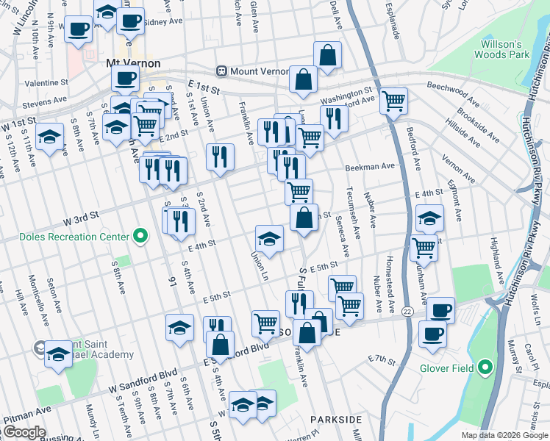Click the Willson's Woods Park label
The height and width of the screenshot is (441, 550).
click(506, 50)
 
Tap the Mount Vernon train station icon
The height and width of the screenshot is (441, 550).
click(220, 71)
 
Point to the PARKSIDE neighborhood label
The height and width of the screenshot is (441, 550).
click(336, 419)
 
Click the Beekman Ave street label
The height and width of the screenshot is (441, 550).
click(371, 167)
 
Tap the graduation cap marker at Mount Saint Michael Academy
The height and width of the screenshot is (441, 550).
click(59, 355)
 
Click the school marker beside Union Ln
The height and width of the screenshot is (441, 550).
click(270, 239)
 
